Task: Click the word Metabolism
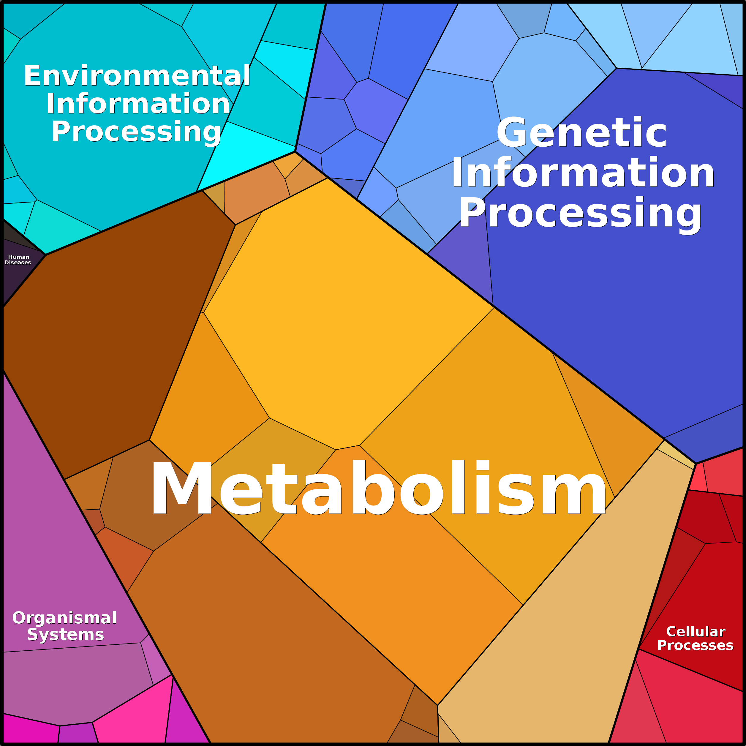[378, 488]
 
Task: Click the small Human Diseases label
[18, 260]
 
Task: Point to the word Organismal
[64, 617]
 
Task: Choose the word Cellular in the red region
[696, 631]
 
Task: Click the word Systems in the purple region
[66, 634]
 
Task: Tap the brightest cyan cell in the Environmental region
[247, 154]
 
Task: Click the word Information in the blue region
[583, 173]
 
